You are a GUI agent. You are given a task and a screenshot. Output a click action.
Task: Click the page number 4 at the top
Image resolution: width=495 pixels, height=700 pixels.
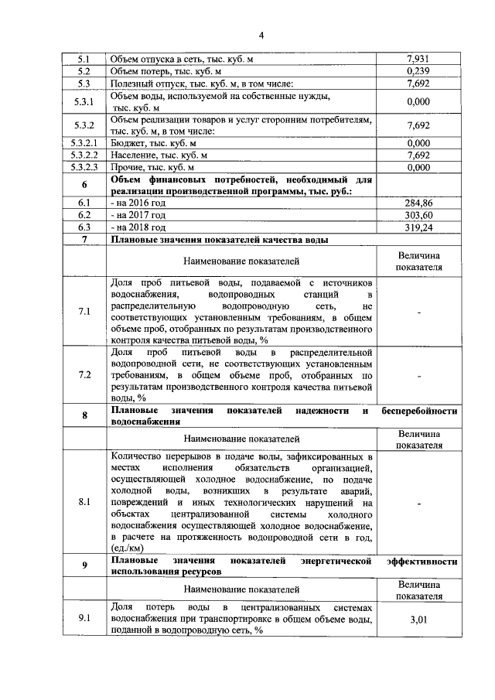(261, 36)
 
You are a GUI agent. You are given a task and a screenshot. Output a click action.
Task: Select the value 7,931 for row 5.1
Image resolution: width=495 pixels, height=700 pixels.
(418, 59)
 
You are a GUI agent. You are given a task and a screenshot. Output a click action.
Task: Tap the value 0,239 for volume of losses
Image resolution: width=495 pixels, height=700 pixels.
(418, 71)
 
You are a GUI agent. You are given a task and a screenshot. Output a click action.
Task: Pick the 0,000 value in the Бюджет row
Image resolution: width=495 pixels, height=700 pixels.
(418, 143)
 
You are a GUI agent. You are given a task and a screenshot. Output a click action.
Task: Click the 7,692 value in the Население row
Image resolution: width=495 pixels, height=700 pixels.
(418, 155)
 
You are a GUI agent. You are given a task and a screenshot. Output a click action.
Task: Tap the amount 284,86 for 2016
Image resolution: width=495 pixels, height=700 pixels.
(418, 203)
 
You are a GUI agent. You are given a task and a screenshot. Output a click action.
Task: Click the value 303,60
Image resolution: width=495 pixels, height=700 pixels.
(418, 215)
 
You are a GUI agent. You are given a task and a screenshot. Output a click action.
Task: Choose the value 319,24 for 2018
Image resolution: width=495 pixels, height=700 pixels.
(418, 227)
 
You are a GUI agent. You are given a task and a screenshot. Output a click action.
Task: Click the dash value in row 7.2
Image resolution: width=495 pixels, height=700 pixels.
(418, 376)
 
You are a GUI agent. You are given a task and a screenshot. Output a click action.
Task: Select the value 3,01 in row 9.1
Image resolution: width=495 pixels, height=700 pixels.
(418, 619)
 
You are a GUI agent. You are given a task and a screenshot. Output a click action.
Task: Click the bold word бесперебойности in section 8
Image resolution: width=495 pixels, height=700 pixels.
(419, 410)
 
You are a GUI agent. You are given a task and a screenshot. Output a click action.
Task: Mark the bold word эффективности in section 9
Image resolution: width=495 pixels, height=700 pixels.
(418, 560)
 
